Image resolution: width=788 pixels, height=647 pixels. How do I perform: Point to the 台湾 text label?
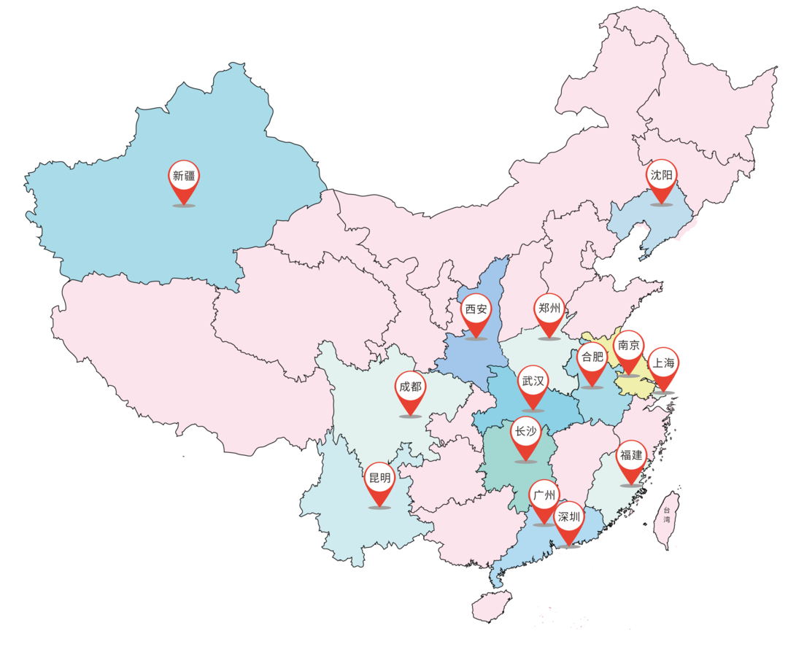pyautogui.click(x=666, y=515)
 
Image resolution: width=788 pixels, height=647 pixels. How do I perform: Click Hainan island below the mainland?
pyautogui.click(x=490, y=605)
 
